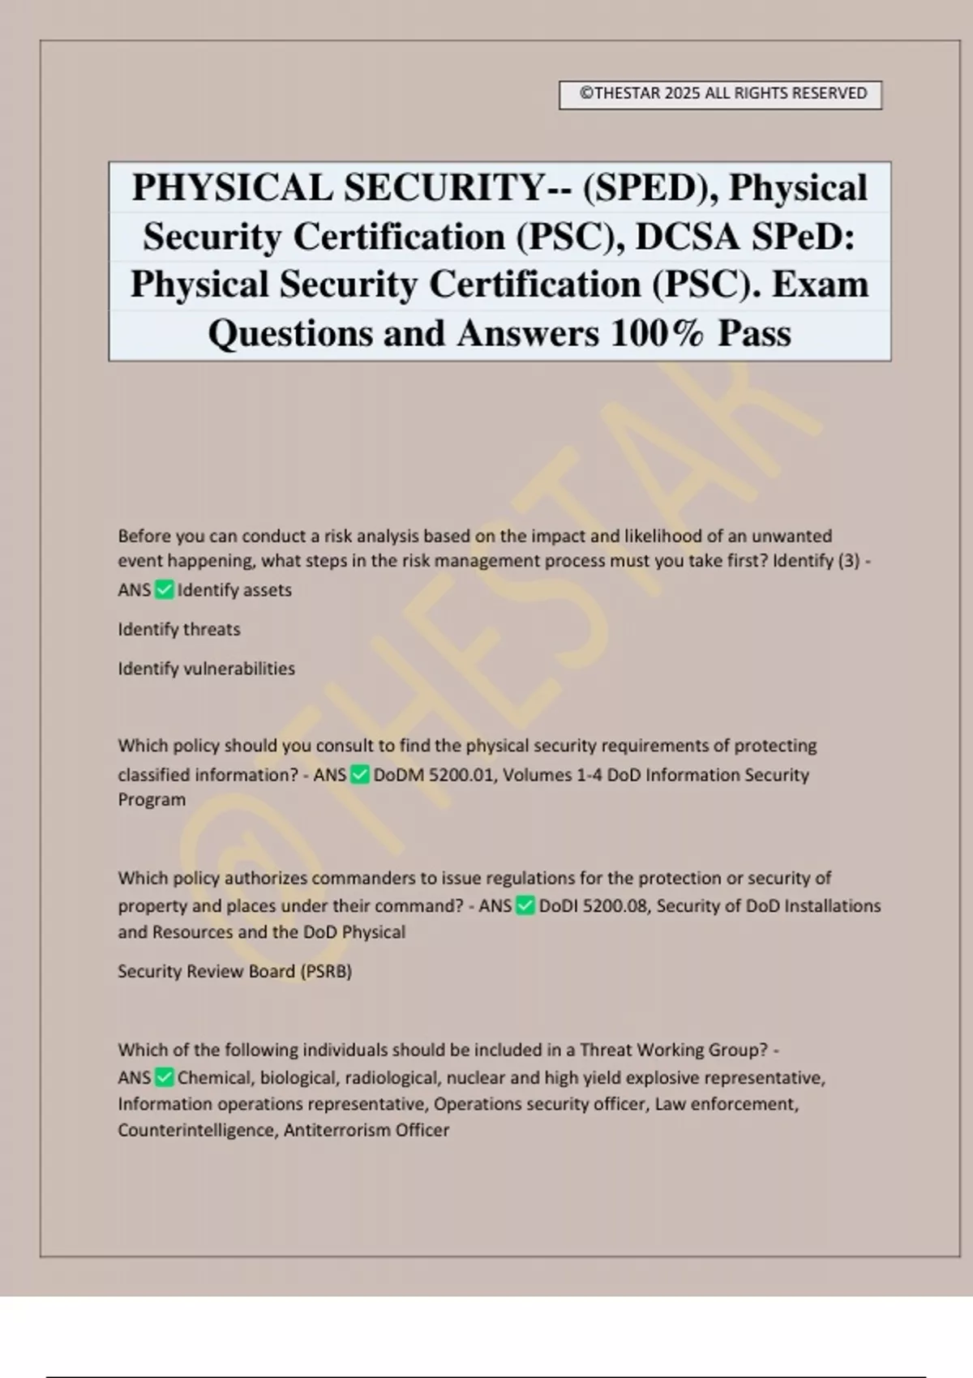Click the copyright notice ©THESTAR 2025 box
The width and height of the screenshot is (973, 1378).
pyautogui.click(x=721, y=94)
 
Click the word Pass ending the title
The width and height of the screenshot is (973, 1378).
pyautogui.click(x=754, y=334)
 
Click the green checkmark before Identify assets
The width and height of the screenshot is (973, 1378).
pyautogui.click(x=164, y=590)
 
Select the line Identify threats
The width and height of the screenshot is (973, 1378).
pyautogui.click(x=179, y=630)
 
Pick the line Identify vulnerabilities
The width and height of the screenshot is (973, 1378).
pyautogui.click(x=206, y=669)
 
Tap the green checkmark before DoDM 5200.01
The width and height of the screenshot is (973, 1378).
pyautogui.click(x=360, y=775)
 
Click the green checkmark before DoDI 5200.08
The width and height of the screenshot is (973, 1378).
pyautogui.click(x=525, y=906)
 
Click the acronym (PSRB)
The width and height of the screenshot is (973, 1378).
pyautogui.click(x=326, y=972)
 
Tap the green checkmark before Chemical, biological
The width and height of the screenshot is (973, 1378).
pyautogui.click(x=164, y=1078)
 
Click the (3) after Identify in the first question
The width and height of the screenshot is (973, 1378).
pyautogui.click(x=848, y=561)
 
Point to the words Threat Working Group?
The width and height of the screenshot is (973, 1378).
pyautogui.click(x=674, y=1051)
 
